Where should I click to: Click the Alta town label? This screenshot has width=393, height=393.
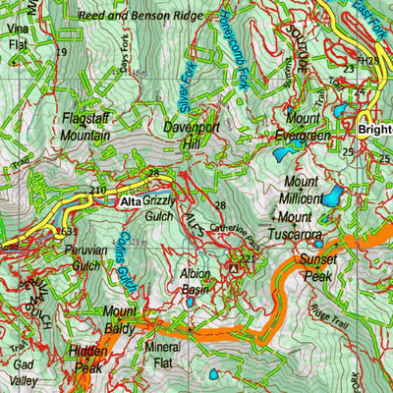tap(130, 202)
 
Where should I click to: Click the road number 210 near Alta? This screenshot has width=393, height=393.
tap(97, 190)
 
